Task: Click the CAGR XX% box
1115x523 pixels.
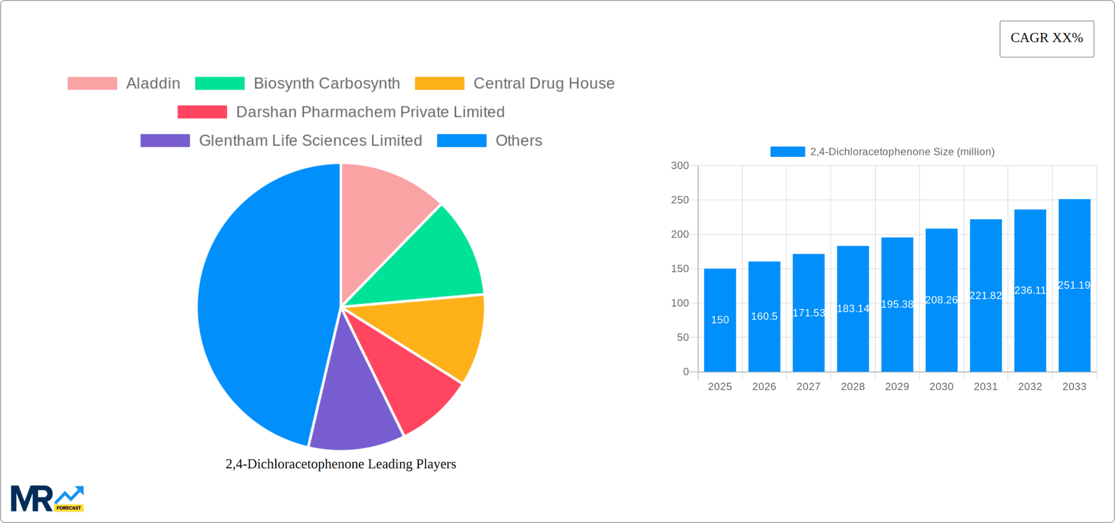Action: tap(1046, 39)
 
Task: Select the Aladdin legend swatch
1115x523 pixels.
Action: tap(92, 84)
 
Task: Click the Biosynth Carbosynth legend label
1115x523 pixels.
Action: tap(326, 84)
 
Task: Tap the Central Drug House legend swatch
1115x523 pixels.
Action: tap(439, 84)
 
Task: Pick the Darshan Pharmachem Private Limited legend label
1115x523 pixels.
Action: tap(370, 112)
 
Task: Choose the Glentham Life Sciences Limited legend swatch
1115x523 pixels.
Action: tap(165, 140)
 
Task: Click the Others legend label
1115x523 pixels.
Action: tap(519, 140)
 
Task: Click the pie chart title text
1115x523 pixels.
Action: tap(341, 464)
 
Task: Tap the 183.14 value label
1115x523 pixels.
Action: tap(853, 309)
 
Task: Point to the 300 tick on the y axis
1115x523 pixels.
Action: tap(679, 165)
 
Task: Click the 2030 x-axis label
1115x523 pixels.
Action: tap(941, 387)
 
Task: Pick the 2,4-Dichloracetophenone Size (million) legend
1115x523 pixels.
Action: tap(883, 152)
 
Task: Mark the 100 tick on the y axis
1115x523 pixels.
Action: tap(679, 303)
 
